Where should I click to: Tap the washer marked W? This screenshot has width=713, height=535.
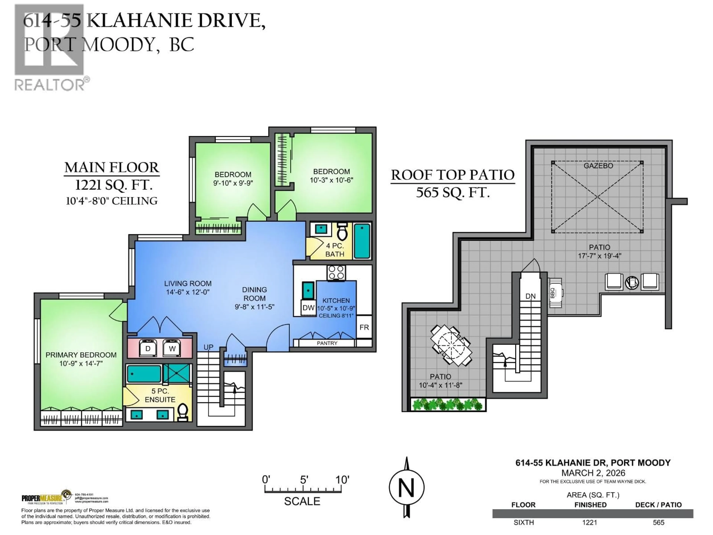(172, 348)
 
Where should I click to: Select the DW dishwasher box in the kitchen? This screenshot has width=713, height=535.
(308, 308)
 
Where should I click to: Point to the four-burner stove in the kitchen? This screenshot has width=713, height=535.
(336, 273)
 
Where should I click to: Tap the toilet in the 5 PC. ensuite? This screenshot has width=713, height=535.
(183, 412)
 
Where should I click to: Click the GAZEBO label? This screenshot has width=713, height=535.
(598, 166)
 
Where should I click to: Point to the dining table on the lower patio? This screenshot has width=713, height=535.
(451, 345)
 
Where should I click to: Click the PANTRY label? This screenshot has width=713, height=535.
(327, 343)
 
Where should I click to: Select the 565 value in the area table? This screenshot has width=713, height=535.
(659, 522)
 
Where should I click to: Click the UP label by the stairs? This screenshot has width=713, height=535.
(208, 347)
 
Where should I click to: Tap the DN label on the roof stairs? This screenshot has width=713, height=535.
(530, 296)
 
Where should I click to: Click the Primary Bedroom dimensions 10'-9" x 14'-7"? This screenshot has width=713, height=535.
(81, 363)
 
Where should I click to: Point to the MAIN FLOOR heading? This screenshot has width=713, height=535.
(112, 167)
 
